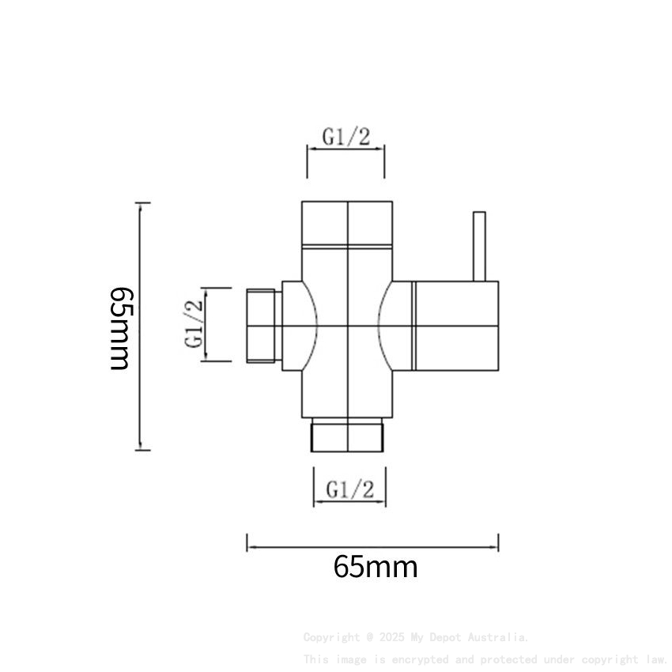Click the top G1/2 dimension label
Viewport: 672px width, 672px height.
click(345, 136)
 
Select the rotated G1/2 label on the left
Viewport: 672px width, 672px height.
click(194, 323)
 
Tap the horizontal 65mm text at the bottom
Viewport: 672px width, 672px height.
click(375, 567)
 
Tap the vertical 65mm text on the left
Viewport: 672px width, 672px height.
click(120, 327)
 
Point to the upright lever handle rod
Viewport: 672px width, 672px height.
click(478, 246)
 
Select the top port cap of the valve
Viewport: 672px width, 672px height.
click(347, 222)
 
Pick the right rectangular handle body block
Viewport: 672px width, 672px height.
click(456, 326)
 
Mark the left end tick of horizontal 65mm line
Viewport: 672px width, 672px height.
click(247, 543)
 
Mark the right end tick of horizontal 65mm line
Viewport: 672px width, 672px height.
click(498, 543)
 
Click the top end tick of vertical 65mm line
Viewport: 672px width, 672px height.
click(142, 203)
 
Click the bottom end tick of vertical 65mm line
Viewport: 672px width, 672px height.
click(142, 450)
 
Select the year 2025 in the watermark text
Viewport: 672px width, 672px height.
click(392, 637)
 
